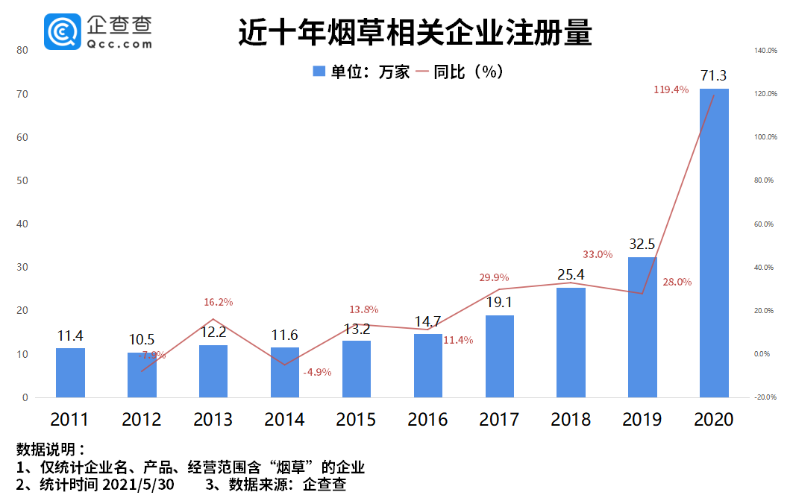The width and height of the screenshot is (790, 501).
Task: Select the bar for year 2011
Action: tap(70, 373)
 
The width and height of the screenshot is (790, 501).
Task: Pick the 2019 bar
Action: tap(642, 327)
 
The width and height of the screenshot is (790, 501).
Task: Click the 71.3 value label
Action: tap(714, 75)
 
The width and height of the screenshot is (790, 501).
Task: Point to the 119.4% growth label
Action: tap(671, 89)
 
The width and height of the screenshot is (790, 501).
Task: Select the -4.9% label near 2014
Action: tap(317, 372)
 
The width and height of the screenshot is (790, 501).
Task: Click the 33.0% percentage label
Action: tap(598, 254)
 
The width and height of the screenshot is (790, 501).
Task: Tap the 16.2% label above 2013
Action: tap(219, 302)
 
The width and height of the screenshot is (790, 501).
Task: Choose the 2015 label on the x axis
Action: tap(356, 420)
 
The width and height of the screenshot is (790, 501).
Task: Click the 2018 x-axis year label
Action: tap(571, 420)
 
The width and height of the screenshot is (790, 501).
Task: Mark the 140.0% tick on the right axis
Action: tap(766, 51)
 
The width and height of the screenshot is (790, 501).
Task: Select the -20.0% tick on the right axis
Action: tap(766, 397)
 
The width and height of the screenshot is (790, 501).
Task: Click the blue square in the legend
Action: tap(319, 72)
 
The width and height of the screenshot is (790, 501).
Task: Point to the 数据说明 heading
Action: tap(50, 450)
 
